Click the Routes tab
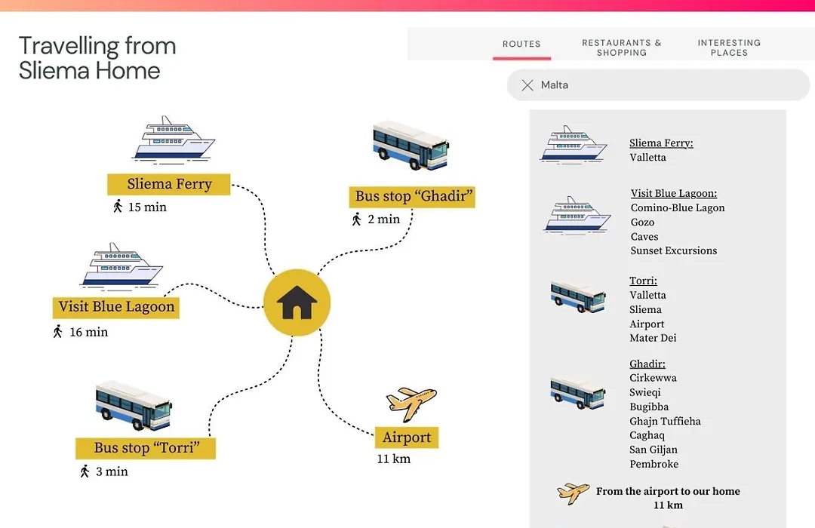(x=521, y=45)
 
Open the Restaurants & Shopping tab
(x=622, y=48)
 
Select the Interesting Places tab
(x=729, y=48)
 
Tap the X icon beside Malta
(x=527, y=85)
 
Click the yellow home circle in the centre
(x=297, y=302)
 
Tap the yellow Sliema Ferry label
(x=169, y=184)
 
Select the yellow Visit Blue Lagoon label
(x=116, y=307)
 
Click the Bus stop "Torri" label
(x=146, y=448)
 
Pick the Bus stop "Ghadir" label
(x=412, y=196)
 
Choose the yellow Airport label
(x=407, y=437)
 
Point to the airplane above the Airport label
(x=411, y=404)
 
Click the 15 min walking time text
(x=148, y=207)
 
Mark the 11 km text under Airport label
(x=393, y=459)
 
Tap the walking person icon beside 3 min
(x=85, y=471)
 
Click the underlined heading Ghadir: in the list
(x=647, y=364)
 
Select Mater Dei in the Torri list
(x=653, y=338)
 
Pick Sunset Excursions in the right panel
(x=674, y=250)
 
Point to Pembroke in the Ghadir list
(x=654, y=464)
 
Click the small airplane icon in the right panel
(x=574, y=493)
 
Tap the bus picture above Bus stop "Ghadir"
(x=411, y=145)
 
